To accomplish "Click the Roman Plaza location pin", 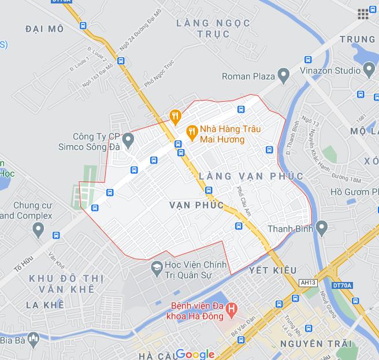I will [x=283, y=75].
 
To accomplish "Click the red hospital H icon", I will [x=232, y=310].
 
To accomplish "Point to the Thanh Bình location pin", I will [x=322, y=228].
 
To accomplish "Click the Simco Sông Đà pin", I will [x=129, y=139].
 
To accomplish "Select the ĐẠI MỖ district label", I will [x=44, y=28].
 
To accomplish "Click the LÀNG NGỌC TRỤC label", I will [x=214, y=28].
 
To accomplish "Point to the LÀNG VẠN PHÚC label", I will [x=250, y=176].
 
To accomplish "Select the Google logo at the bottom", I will [x=195, y=354].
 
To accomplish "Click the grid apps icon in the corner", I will [x=363, y=14].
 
